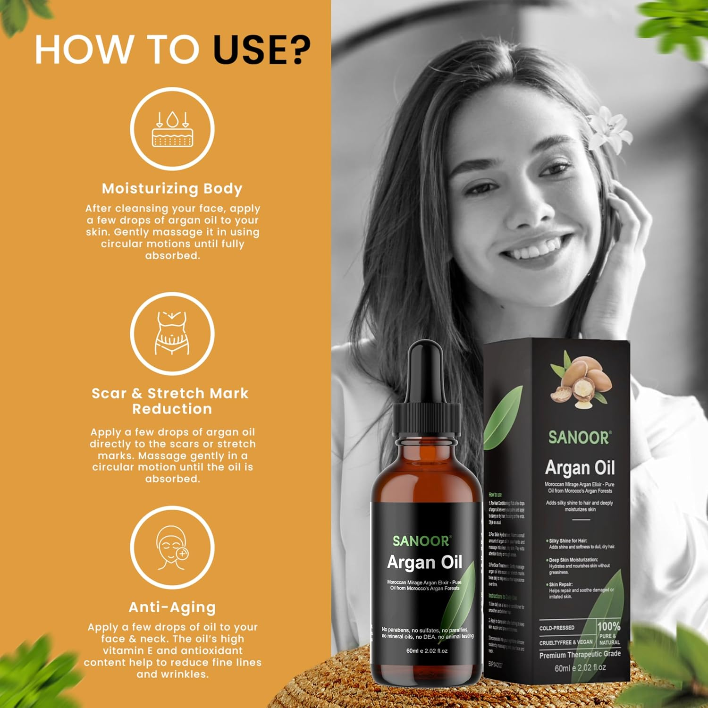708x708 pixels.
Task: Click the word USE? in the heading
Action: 262,50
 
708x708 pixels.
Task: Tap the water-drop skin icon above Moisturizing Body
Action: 172,129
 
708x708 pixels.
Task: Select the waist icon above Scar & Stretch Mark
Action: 172,334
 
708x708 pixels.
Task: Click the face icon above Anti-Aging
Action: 172,548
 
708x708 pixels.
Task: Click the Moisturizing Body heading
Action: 172,188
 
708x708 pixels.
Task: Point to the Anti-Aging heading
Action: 172,607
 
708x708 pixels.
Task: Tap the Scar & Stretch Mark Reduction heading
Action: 170,401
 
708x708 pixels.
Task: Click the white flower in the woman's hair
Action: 609,128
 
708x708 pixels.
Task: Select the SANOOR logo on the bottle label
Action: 422,541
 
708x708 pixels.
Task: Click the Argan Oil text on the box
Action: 580,468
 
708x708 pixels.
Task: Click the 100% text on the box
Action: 608,626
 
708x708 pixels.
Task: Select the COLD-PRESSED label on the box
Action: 557,628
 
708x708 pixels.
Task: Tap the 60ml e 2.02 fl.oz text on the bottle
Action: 427,651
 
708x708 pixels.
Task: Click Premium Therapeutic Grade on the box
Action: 580,655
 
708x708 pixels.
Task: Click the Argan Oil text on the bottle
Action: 425,562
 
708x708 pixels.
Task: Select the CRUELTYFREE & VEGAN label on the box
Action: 565,642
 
